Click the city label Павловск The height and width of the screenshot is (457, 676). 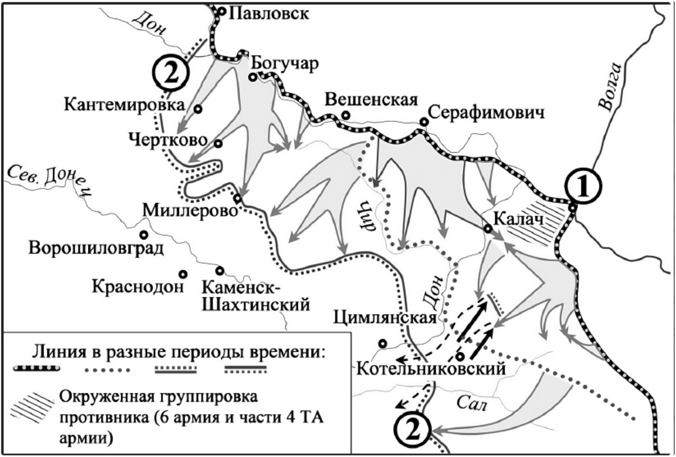(x=268, y=13)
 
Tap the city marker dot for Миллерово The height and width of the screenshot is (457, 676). (x=237, y=199)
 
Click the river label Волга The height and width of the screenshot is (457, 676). (x=609, y=86)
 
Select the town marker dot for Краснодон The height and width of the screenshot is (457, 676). (x=183, y=274)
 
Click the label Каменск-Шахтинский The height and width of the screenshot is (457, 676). (x=255, y=296)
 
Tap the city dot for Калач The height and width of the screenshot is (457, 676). (x=488, y=229)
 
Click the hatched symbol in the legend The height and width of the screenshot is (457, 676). (x=32, y=406)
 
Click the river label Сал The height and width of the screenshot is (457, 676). (x=471, y=403)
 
